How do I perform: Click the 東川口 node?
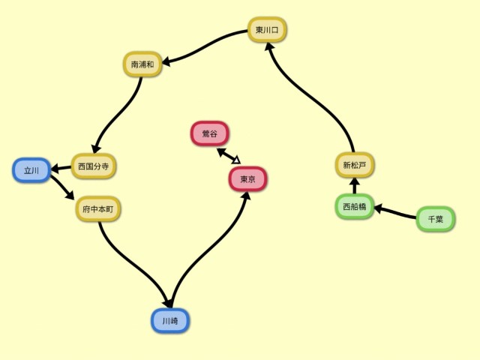pos(267,31)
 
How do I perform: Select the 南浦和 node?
pos(142,64)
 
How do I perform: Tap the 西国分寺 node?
pos(94,165)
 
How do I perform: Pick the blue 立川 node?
pos(31,170)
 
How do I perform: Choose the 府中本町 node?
pos(98,208)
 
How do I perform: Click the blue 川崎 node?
pos(169,320)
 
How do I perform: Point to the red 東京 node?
pos(247,179)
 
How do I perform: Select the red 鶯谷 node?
pos(210,133)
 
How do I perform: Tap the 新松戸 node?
pos(354,164)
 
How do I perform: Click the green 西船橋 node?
pos(354,205)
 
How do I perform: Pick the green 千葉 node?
pos(435,219)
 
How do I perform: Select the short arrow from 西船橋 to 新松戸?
pos(355,185)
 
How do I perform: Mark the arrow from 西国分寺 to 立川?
pos(61,167)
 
